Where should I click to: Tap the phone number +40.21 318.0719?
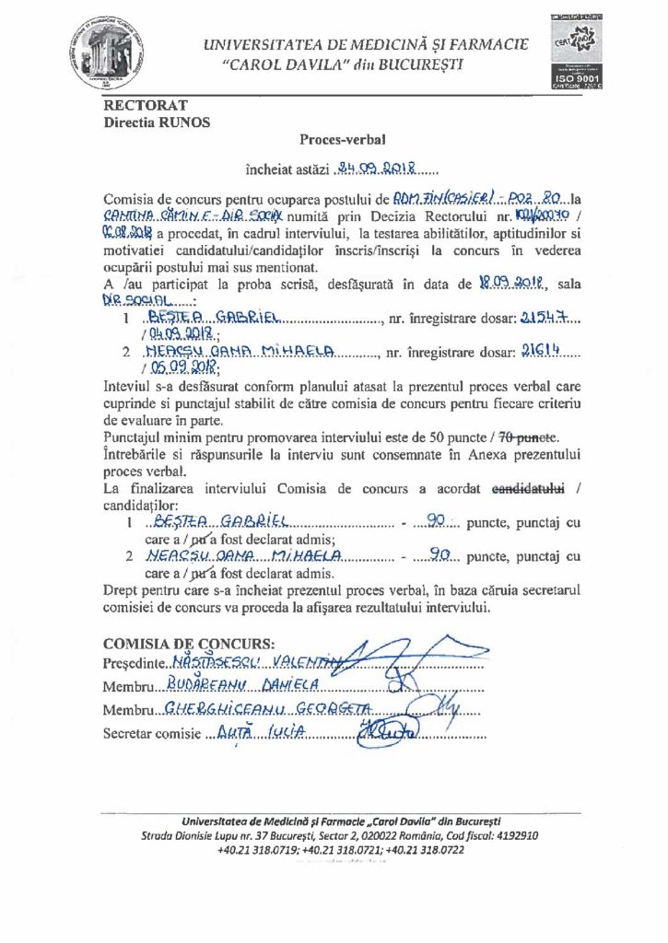[x=257, y=850]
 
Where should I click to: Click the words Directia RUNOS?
[x=156, y=122]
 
